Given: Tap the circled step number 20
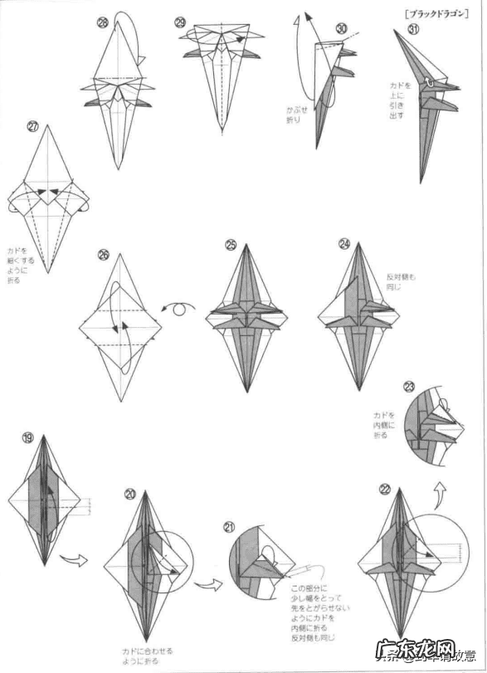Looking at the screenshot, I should coord(130,494).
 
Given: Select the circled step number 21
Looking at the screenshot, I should coord(230,526).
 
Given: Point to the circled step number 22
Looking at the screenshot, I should coord(384,490).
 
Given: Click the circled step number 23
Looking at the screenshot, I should coord(409,387).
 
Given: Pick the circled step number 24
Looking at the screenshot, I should coord(344,244).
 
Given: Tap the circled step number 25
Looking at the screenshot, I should coord(231,244).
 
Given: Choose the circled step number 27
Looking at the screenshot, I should coord(32,126).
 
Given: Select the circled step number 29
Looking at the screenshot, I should coord(181,22).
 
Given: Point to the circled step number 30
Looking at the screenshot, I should coord(341,28).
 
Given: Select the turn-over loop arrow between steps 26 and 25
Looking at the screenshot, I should coord(183,309).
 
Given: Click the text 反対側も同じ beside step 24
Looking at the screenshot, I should coord(400,282).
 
